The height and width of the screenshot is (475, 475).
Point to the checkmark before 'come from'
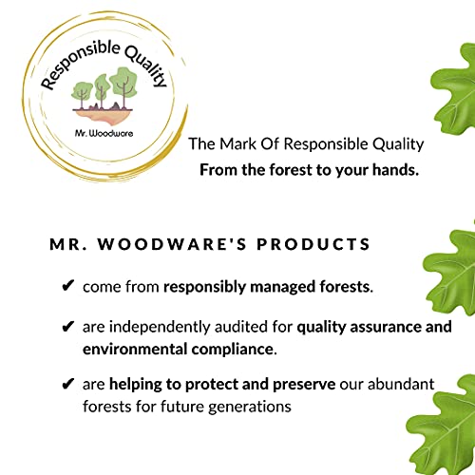66,285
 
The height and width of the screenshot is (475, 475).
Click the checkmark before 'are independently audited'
66,327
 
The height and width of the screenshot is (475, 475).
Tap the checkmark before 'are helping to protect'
66,385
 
